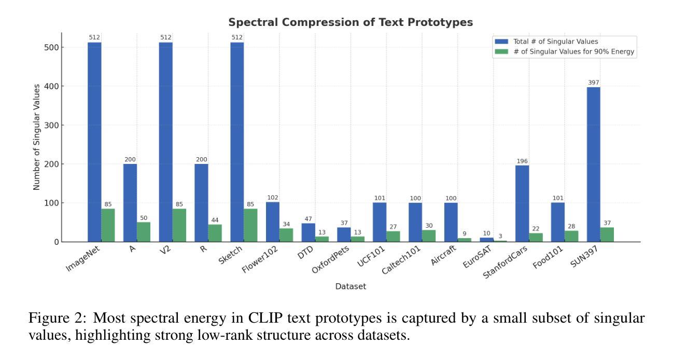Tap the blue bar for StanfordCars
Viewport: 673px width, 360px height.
click(x=522, y=203)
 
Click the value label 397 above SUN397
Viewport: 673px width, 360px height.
click(x=593, y=83)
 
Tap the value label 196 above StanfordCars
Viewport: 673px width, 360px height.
click(x=522, y=161)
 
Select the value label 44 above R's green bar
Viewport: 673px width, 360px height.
click(x=215, y=220)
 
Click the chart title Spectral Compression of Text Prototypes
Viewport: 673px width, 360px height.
click(x=350, y=23)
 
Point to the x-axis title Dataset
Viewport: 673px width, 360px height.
click(x=350, y=286)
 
